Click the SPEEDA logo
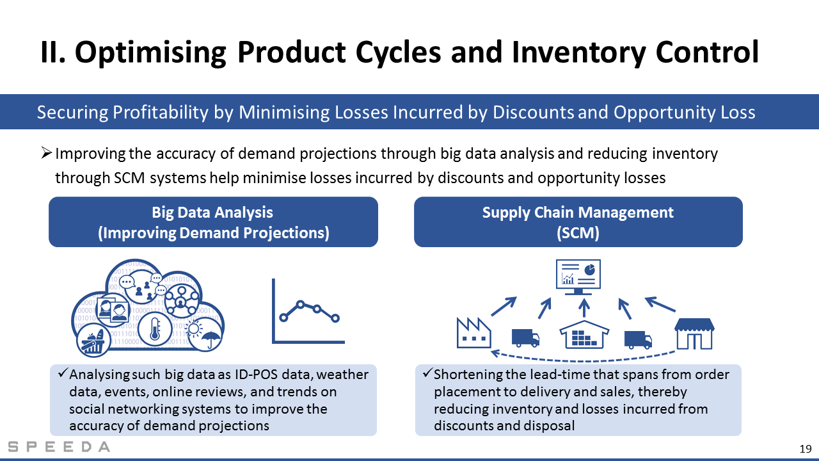tap(59, 447)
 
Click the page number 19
tap(806, 449)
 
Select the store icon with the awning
tap(694, 334)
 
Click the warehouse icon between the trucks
tap(584, 334)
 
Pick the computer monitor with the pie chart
tap(578, 277)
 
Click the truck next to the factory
tap(525, 337)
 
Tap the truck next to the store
tap(638, 340)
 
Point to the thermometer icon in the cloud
tap(155, 329)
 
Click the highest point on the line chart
tap(300, 304)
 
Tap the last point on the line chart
tap(335, 318)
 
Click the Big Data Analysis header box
tap(213, 222)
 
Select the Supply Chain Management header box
tap(578, 222)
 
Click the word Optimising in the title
tap(150, 53)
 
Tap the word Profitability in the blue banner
tap(161, 112)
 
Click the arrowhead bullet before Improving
tap(46, 152)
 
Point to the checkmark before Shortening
tap(427, 373)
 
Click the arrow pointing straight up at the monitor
tap(584, 308)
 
